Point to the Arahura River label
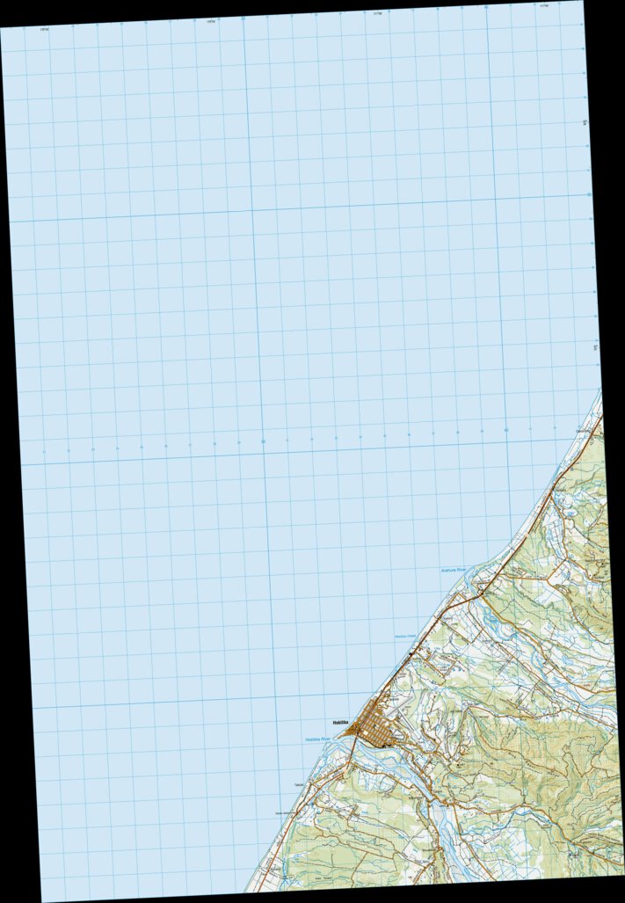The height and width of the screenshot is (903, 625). (454, 571)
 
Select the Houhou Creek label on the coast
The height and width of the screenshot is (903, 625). (405, 637)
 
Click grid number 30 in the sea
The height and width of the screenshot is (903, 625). (263, 441)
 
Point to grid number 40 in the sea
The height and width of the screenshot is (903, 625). (505, 430)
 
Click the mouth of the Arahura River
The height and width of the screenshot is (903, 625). (472, 580)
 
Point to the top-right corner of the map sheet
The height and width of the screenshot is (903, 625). (581, 2)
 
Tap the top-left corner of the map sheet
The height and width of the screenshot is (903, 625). (1, 28)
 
